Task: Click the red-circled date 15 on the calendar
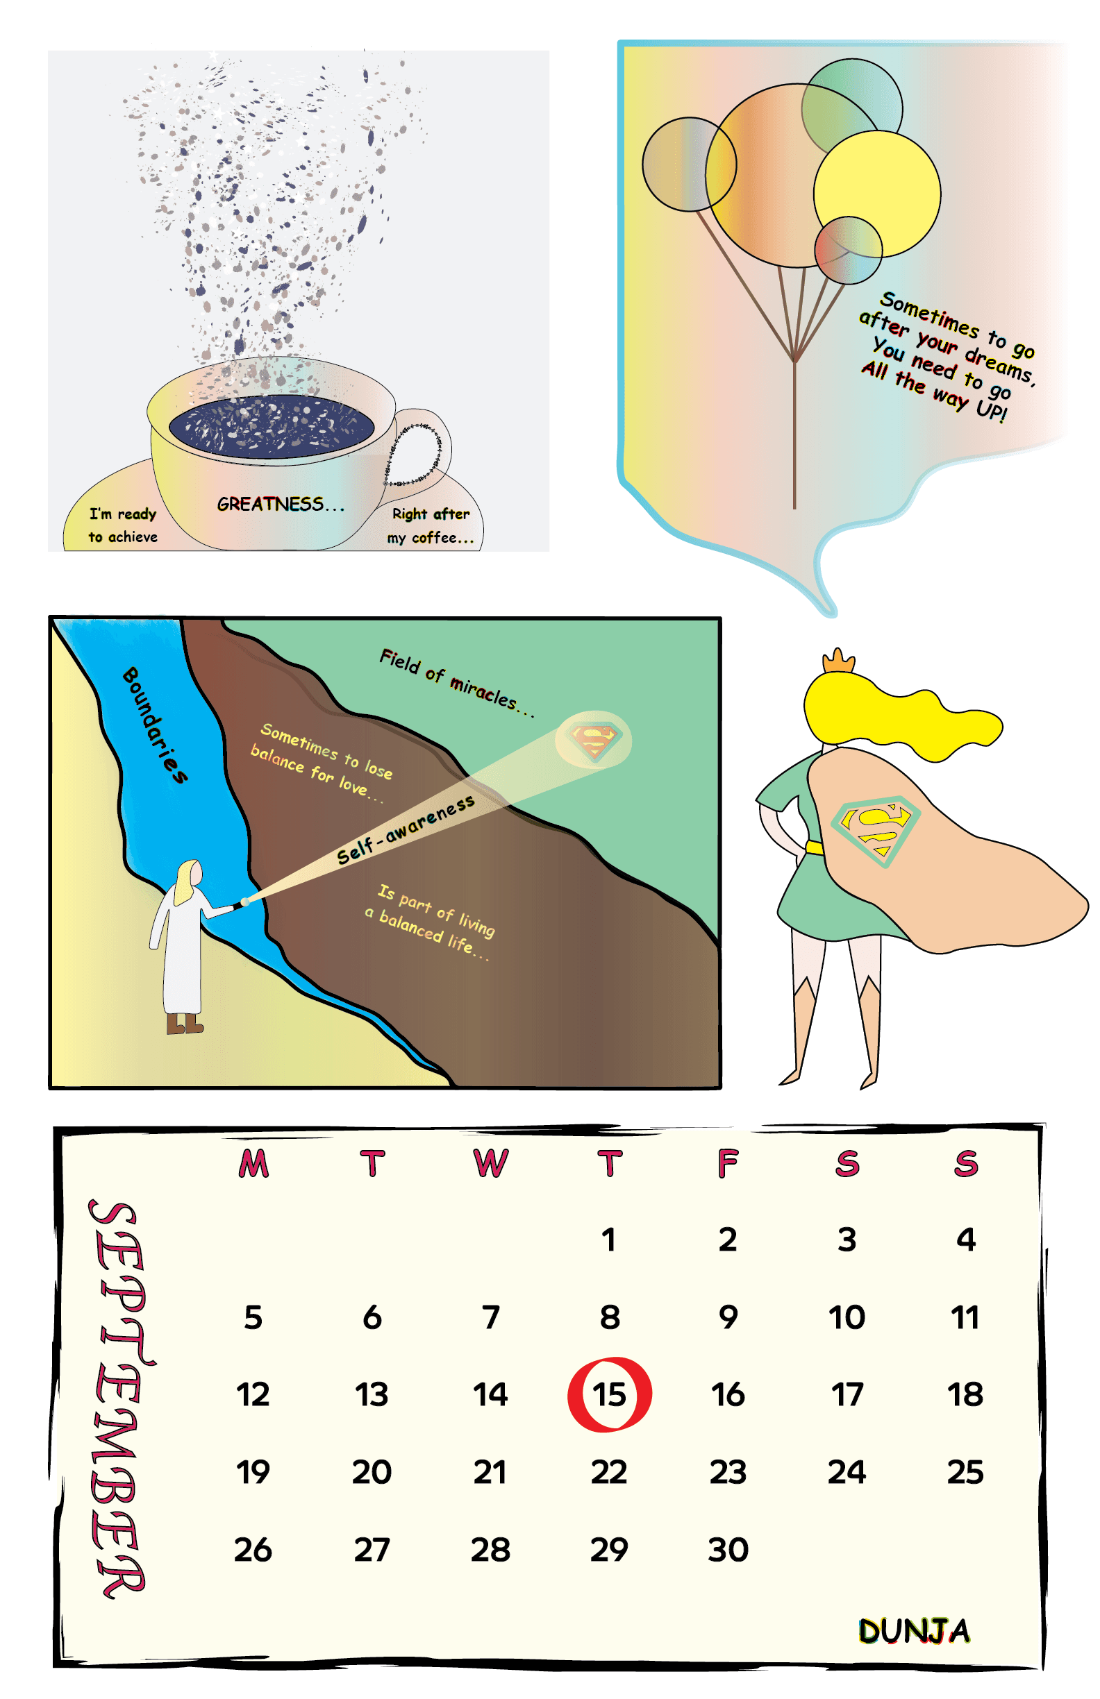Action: point(609,1395)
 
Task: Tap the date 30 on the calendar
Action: point(728,1550)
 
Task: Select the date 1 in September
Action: point(608,1240)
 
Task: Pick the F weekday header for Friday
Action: point(728,1164)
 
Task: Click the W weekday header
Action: point(491,1164)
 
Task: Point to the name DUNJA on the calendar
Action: point(914,1631)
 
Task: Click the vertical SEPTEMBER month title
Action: point(118,1399)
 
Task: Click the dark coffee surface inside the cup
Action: point(272,427)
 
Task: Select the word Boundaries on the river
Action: point(155,725)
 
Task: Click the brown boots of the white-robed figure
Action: point(184,1024)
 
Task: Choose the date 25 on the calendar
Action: point(965,1472)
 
